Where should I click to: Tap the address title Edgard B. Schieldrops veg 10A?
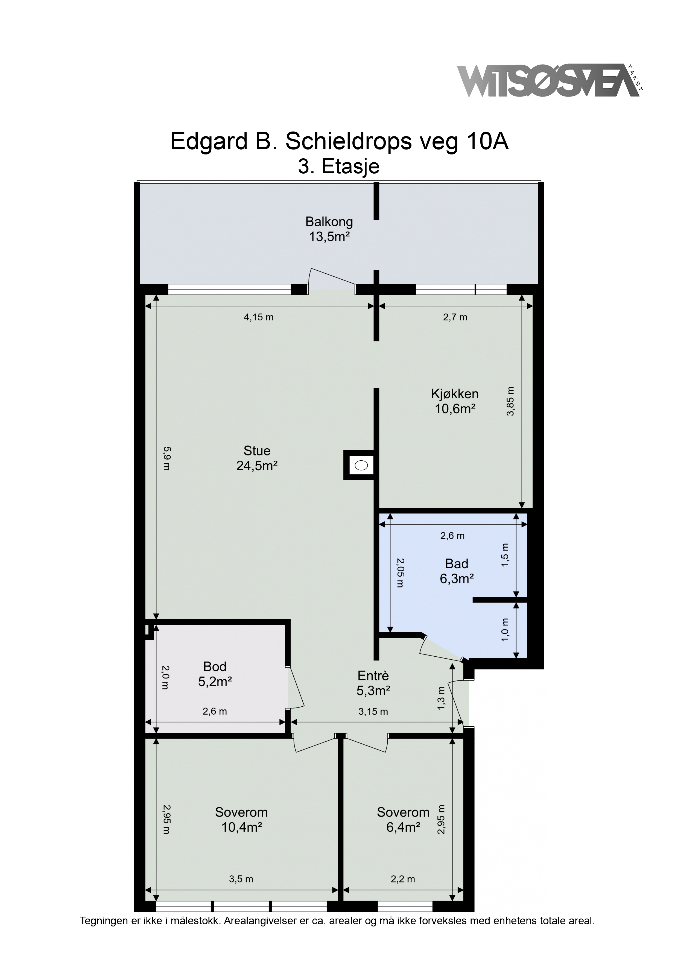[x=339, y=142]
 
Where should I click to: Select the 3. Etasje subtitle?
[x=339, y=167]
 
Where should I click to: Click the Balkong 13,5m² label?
[x=329, y=229]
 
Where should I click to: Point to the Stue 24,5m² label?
[x=257, y=458]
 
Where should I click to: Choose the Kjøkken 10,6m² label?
[x=455, y=401]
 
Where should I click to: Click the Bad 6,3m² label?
[x=457, y=571]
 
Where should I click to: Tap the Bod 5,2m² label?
[x=215, y=674]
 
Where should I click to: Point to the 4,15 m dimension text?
[x=259, y=317]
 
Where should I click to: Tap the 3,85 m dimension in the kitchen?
[x=510, y=401]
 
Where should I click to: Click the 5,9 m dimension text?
[x=166, y=458]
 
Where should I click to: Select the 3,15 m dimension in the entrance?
[x=373, y=712]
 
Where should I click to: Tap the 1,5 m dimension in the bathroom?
[x=505, y=555]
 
